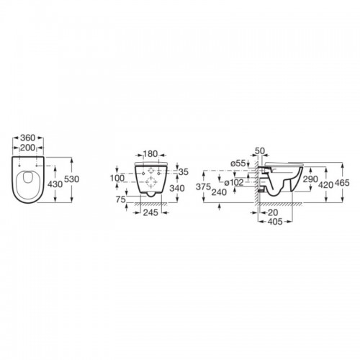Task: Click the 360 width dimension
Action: coord(28,138)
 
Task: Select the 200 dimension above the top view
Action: coord(27,148)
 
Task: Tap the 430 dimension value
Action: coord(55,184)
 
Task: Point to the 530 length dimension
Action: coord(72,179)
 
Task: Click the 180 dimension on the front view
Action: coord(150,154)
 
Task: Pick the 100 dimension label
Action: coord(117,178)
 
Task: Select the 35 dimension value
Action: coord(184,172)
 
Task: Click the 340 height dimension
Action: coord(177,188)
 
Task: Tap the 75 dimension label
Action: coord(121,199)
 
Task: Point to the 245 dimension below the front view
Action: coord(150,212)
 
